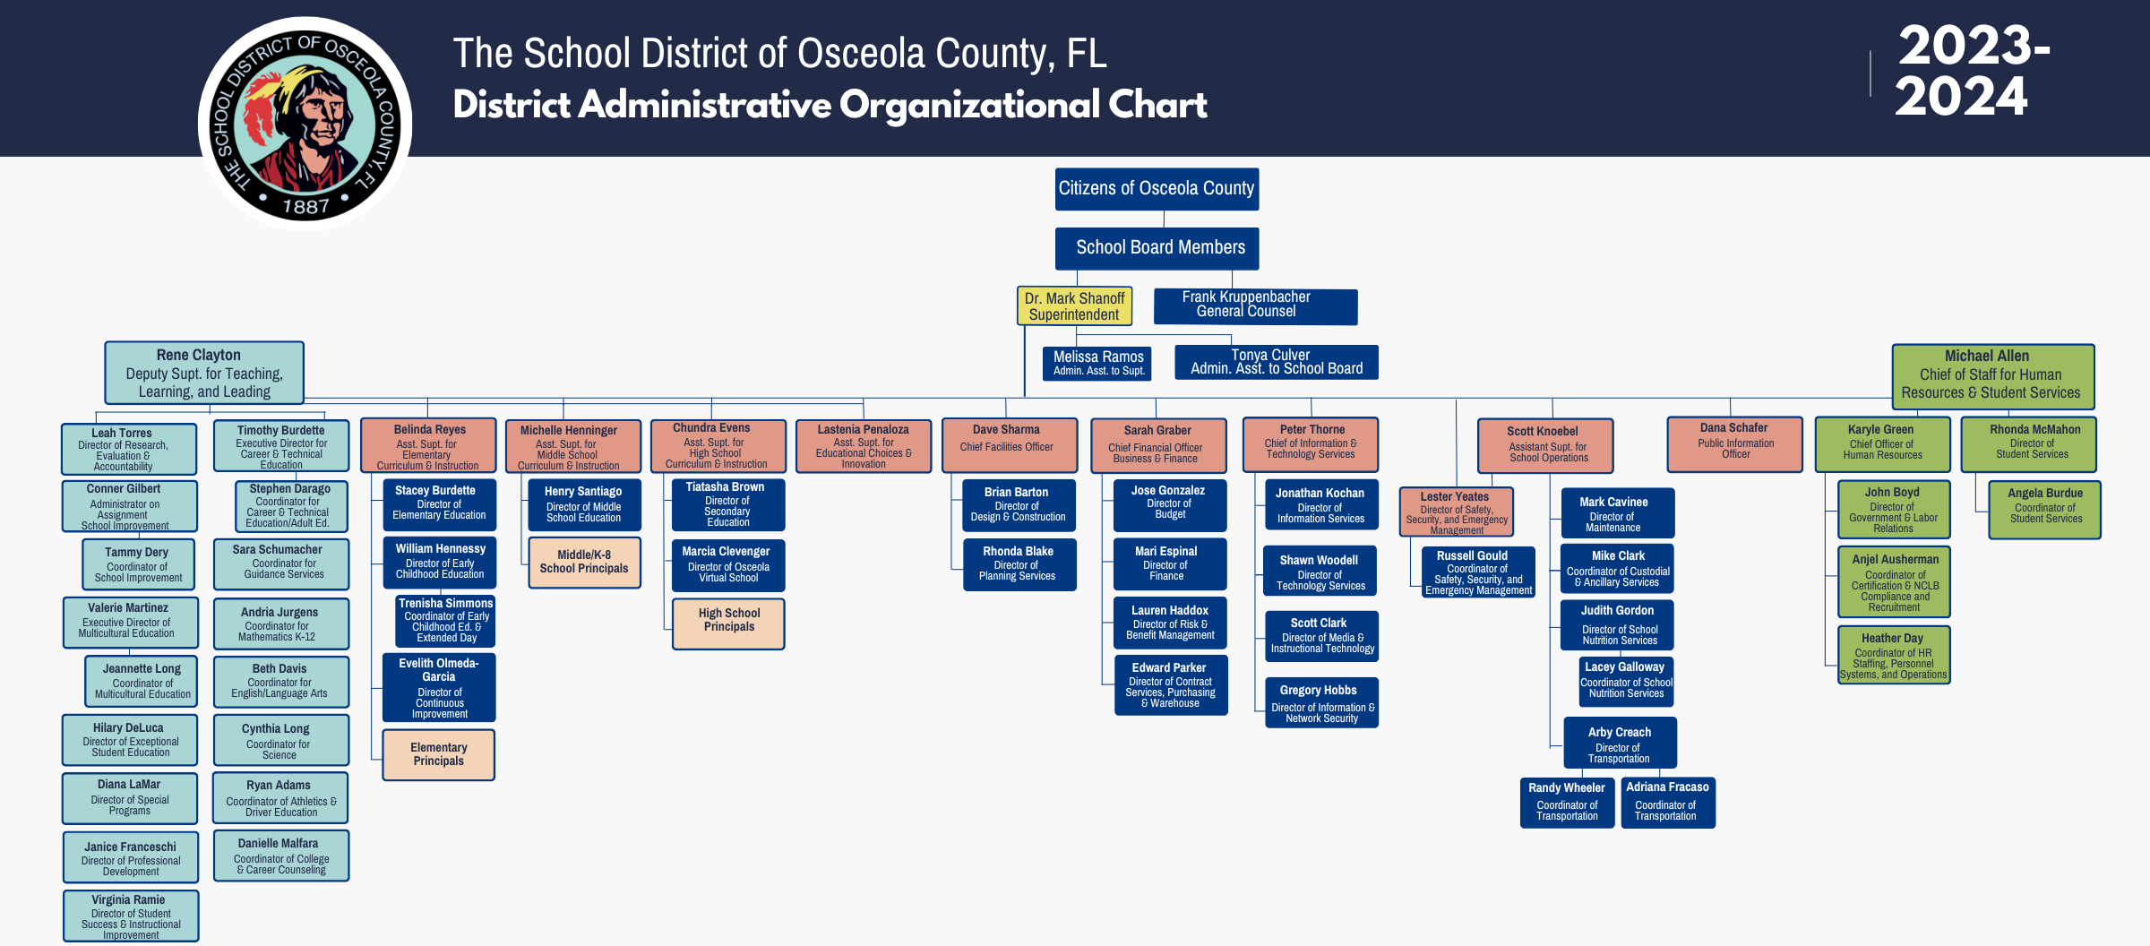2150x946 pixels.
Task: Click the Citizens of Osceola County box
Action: coord(1157,189)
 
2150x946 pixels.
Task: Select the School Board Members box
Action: coord(1157,248)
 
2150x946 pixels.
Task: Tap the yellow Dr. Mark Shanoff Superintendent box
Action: coord(1074,306)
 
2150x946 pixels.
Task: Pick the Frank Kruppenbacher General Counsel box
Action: coord(1255,305)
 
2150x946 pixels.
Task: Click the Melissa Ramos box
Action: coord(1097,363)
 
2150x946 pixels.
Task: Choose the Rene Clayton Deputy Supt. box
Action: coord(204,373)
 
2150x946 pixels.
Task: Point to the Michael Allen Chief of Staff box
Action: coord(1992,375)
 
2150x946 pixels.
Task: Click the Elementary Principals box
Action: coord(439,754)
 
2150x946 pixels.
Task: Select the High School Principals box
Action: coord(728,623)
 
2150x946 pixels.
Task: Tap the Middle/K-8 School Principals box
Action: coord(584,563)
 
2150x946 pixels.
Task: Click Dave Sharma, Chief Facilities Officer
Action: coord(1010,444)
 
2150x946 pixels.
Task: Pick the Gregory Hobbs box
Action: coord(1321,702)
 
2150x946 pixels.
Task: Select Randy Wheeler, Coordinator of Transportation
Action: coord(1567,802)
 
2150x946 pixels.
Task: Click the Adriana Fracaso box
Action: coord(1667,802)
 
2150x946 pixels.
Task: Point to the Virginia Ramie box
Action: coord(131,916)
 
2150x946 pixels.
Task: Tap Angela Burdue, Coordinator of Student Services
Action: coord(2044,510)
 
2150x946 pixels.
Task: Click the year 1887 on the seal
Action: coord(305,207)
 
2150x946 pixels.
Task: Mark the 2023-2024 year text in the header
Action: coord(1971,71)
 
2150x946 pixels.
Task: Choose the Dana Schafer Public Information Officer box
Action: coord(1734,443)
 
